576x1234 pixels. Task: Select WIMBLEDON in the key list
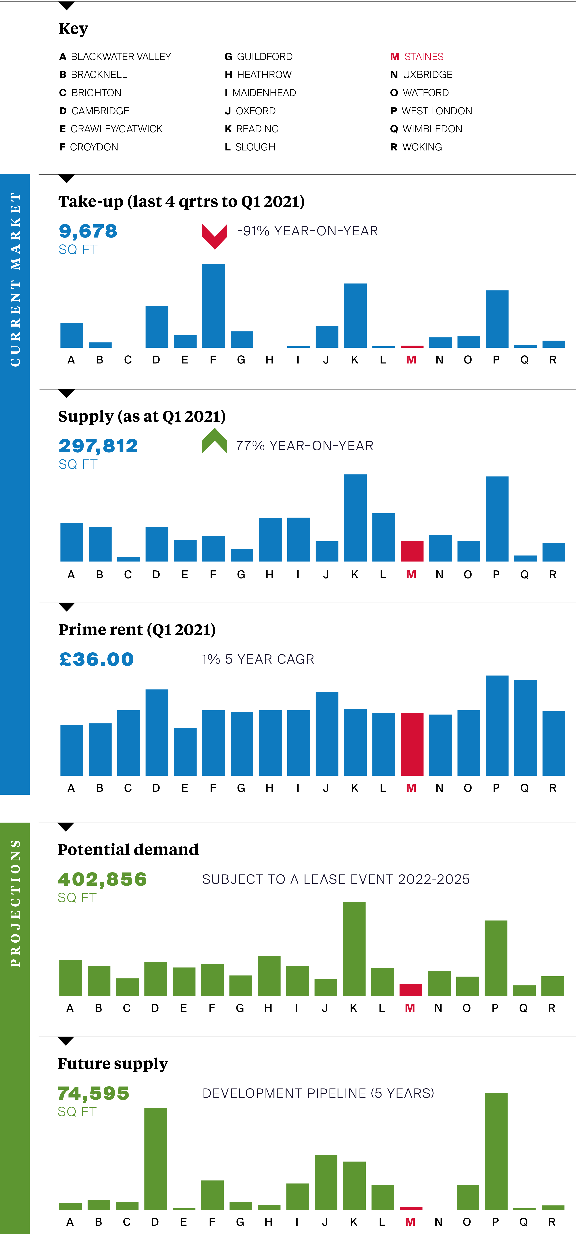click(427, 129)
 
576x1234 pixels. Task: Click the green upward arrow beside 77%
click(214, 441)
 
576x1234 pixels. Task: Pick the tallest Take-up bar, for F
click(214, 306)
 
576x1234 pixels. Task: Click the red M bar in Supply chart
click(412, 551)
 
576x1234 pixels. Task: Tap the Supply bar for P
click(497, 519)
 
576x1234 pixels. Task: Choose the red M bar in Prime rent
click(412, 744)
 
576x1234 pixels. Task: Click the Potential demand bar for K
click(354, 949)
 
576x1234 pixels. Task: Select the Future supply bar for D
click(156, 1158)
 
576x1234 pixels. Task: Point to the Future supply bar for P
click(496, 1151)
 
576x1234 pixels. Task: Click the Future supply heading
click(113, 1063)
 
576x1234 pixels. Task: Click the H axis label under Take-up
click(270, 360)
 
